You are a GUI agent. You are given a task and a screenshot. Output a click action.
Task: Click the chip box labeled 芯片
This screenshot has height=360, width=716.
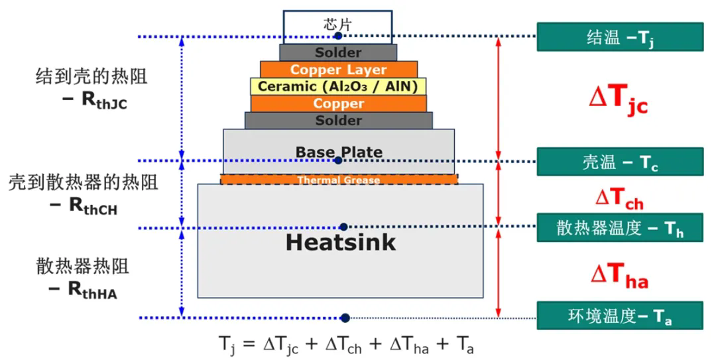coord(337,24)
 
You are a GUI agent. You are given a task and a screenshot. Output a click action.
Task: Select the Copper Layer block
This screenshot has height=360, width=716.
coord(338,70)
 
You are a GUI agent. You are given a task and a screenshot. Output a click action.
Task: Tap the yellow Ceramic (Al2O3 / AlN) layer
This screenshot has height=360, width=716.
coord(338,86)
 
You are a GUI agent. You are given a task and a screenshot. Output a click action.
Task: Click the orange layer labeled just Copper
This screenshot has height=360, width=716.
coord(338,103)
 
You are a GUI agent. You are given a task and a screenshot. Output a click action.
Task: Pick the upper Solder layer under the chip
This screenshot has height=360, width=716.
coord(338,52)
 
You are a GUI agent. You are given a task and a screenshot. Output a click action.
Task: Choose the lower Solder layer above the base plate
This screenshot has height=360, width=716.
coord(338,121)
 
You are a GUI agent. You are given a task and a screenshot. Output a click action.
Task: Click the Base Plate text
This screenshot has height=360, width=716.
coord(339,152)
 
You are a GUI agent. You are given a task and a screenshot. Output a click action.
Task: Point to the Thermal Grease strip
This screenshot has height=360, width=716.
coord(338,180)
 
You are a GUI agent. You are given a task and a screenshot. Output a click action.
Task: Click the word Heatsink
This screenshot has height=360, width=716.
coord(340,242)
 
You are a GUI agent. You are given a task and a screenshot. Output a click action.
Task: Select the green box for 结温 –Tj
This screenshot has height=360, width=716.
coord(619,37)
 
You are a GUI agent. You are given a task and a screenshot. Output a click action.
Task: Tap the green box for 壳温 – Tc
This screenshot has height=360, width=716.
coord(619,162)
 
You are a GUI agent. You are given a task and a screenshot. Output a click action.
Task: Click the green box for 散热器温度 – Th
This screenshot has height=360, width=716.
coord(619,227)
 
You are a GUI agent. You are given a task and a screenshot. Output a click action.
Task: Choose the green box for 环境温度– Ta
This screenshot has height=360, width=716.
coord(619,316)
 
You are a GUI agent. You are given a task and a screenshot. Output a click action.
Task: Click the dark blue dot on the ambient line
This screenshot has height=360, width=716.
coord(345,318)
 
